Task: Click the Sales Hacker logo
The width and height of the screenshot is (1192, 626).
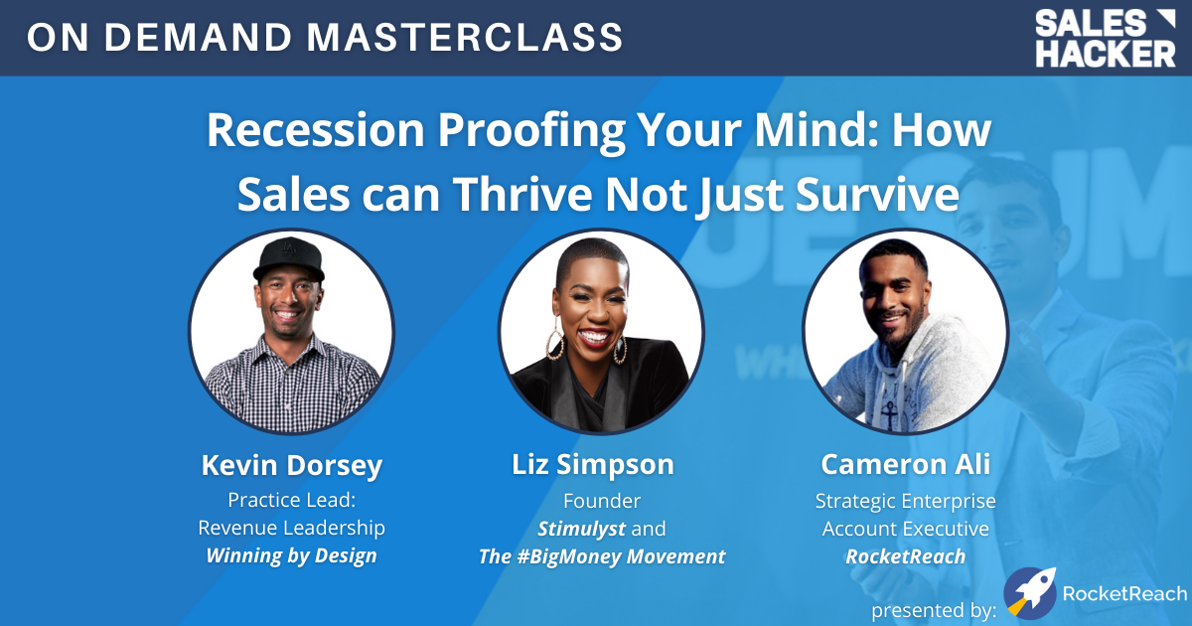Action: click(1105, 38)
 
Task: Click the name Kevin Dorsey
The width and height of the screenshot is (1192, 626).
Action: click(291, 465)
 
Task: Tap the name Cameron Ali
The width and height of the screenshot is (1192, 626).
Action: click(905, 465)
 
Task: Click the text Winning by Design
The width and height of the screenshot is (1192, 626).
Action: click(291, 555)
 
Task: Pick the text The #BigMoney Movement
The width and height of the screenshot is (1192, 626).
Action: click(602, 556)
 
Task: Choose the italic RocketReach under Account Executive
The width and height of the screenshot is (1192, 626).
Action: click(905, 556)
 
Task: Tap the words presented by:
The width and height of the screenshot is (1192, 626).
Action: click(934, 607)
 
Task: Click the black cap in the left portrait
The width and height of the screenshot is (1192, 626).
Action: click(289, 261)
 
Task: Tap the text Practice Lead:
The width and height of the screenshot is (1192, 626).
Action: click(291, 501)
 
